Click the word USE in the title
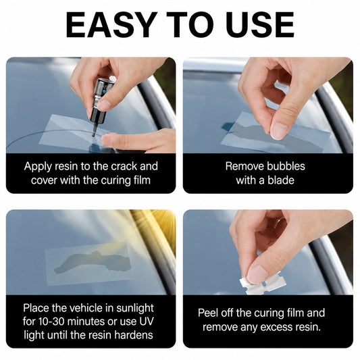coord(261,24)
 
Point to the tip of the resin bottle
coord(93,136)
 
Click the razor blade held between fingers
coord(263,282)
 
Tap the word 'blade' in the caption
coord(281,180)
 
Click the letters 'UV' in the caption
coord(146,322)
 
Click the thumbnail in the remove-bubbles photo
coord(279,130)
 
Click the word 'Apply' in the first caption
coord(38,167)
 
